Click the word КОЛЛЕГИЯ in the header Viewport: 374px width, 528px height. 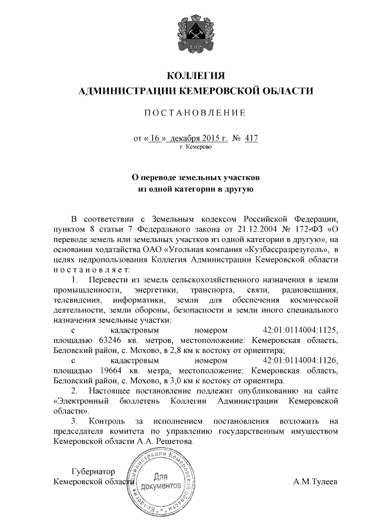click(196, 76)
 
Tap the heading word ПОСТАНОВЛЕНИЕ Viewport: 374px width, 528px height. click(196, 112)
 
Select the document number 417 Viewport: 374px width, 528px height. click(252, 139)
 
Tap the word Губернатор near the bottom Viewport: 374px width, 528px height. click(92, 471)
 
